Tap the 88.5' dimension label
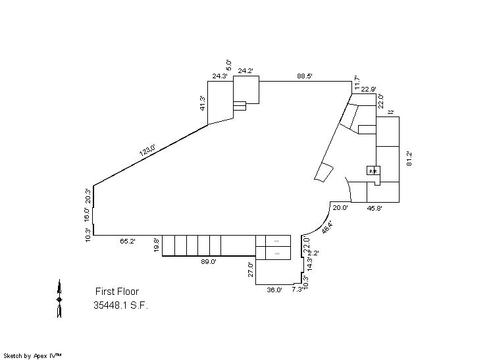pos(304,76)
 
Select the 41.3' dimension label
pos(203,103)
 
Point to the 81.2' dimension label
pos(409,159)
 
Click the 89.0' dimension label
pos(208,261)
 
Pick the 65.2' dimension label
pos(127,242)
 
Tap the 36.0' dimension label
pos(274,289)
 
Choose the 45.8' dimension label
pos(375,208)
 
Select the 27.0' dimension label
pos(251,270)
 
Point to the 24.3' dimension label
pos(220,76)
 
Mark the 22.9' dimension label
pos(368,90)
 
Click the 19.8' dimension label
pos(156,245)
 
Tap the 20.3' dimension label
pos(88,195)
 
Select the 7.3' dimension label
pos(297,289)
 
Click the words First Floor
pos(117,292)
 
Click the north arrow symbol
pos(59,299)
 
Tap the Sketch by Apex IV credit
pos(33,355)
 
